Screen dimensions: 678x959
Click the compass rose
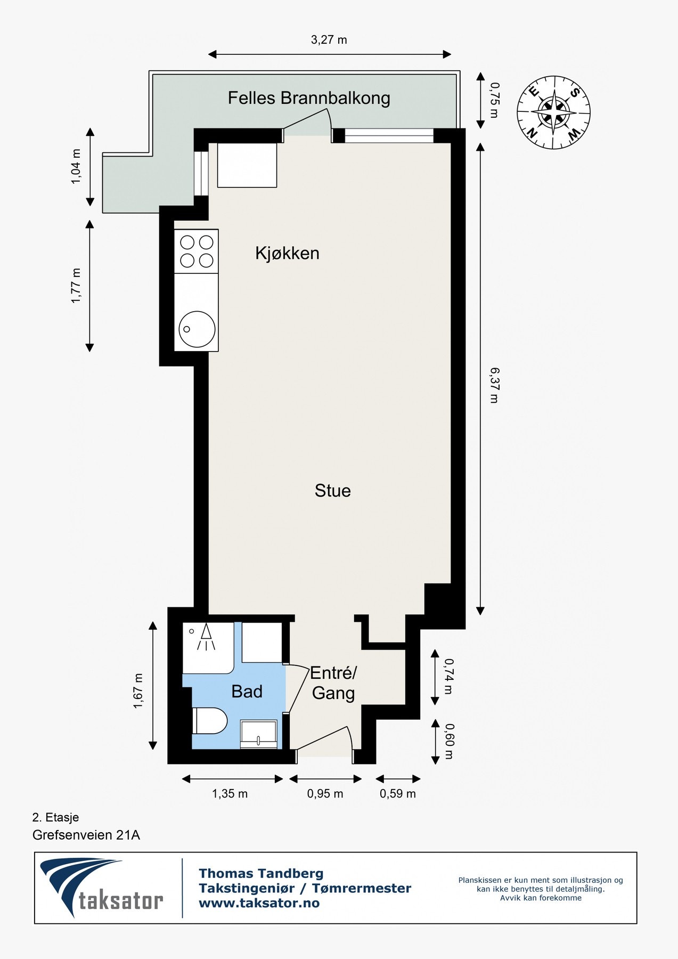[553, 112]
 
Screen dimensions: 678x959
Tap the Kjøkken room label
[287, 253]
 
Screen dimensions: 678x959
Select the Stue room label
[332, 491]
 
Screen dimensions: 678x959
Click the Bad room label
[247, 692]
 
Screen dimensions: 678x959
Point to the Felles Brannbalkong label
[309, 98]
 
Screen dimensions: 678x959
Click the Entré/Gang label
[333, 683]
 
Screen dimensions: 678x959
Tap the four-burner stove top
[197, 251]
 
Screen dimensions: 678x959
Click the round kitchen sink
[197, 329]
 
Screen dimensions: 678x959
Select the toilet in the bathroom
[209, 721]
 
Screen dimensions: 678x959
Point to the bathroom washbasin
[259, 734]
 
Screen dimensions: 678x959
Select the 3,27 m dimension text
[329, 40]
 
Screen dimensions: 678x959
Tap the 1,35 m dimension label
[230, 794]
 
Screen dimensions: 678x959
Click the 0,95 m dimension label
[325, 794]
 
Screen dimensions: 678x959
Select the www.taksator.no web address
[259, 903]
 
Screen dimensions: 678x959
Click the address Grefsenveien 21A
[86, 835]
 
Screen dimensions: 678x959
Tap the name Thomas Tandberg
[261, 873]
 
